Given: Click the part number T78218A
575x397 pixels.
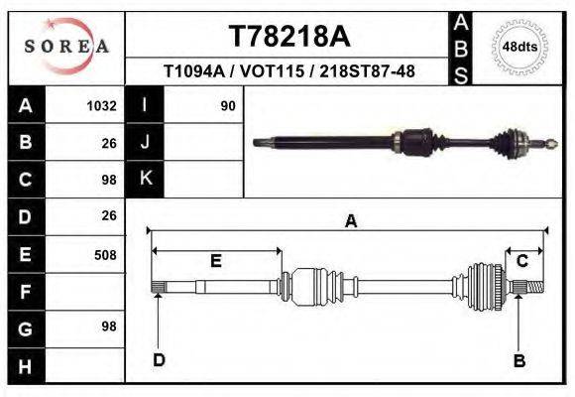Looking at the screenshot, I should pyautogui.click(x=289, y=37).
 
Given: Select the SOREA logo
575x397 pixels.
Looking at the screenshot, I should pyautogui.click(x=65, y=46).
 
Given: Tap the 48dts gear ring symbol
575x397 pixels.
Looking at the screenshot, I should pyautogui.click(x=520, y=47).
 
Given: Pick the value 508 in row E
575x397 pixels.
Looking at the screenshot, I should pyautogui.click(x=104, y=255).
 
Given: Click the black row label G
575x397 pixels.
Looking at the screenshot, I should pyautogui.click(x=26, y=328).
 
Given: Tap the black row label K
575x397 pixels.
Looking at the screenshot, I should pyautogui.click(x=146, y=179).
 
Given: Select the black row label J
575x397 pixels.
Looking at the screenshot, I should pyautogui.click(x=146, y=142).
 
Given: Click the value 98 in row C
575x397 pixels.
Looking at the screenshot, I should pyautogui.click(x=108, y=180).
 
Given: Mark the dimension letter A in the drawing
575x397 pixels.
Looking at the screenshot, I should pyautogui.click(x=349, y=222).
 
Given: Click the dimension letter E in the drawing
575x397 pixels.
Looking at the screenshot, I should pyautogui.click(x=215, y=261).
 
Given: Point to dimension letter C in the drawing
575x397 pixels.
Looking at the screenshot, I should pyautogui.click(x=521, y=261).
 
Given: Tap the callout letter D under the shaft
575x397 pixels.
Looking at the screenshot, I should pyautogui.click(x=158, y=359).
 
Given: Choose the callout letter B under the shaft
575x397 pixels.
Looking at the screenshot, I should pyautogui.click(x=518, y=360).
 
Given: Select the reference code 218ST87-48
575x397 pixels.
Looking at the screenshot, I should pyautogui.click(x=378, y=71).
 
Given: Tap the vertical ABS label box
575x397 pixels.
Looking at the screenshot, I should pyautogui.click(x=461, y=47).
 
